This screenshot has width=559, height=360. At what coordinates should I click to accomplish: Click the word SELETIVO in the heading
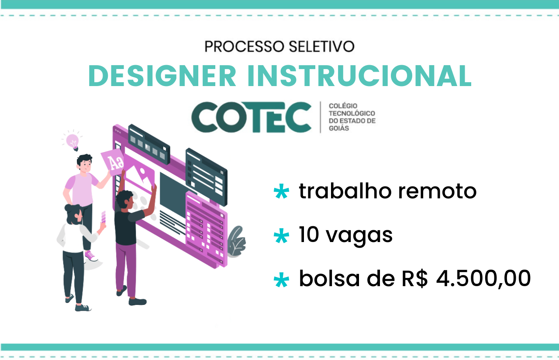point(321,46)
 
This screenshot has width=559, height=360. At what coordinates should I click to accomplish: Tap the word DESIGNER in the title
point(162,76)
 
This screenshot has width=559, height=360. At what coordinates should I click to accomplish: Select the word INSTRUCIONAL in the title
point(359,76)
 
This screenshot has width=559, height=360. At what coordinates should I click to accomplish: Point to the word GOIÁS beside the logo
point(339,128)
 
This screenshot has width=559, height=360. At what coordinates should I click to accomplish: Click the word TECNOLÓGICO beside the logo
point(352,113)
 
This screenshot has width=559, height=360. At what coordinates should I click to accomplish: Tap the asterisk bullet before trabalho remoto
point(281,191)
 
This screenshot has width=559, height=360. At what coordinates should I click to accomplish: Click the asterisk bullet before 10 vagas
point(281,235)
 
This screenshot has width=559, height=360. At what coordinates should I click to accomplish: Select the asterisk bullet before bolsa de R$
point(281,280)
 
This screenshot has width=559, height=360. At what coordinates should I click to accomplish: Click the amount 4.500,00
point(483,279)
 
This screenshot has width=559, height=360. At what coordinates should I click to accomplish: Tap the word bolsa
point(329,278)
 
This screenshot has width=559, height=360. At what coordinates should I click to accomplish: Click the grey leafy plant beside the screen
point(237,242)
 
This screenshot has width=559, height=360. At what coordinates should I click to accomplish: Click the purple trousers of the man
point(126,268)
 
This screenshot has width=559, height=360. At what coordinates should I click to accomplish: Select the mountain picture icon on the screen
point(139,174)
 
